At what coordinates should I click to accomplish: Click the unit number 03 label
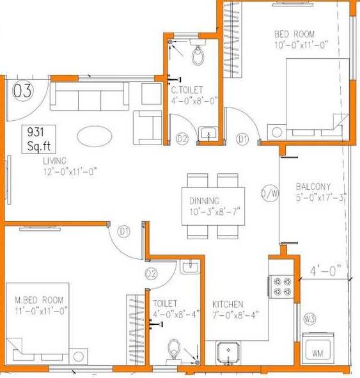click(x=22, y=91)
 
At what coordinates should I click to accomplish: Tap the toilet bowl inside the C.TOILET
click(x=198, y=56)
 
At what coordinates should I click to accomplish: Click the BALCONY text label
click(x=313, y=187)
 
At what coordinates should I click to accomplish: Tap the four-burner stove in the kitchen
click(x=281, y=285)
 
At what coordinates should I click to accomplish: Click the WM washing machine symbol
click(x=317, y=352)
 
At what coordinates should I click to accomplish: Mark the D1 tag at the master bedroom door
click(x=124, y=232)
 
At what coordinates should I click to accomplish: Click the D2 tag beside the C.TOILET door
click(x=182, y=138)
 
